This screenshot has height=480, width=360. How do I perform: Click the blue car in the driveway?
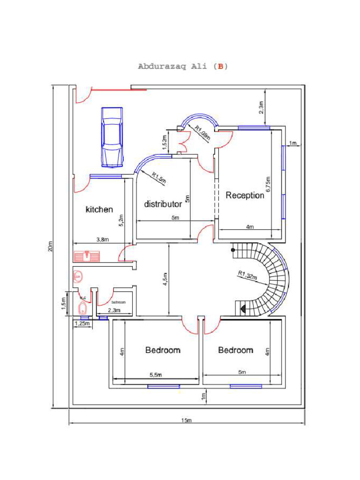[112, 136]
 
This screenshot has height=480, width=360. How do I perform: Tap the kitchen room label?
[99, 210]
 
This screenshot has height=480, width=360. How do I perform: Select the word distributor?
[163, 204]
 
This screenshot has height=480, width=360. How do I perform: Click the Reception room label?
[245, 195]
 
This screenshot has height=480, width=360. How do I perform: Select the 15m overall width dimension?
[187, 420]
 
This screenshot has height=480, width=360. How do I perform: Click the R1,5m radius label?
[158, 178]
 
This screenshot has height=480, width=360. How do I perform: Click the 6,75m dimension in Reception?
[269, 184]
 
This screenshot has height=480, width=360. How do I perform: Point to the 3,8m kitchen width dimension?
[102, 240]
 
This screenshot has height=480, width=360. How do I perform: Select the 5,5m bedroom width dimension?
[156, 375]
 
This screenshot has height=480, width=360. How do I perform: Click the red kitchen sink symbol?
[87, 256]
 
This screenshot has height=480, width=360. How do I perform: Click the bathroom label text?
[119, 302]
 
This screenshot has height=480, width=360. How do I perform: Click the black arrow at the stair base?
[243, 308]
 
